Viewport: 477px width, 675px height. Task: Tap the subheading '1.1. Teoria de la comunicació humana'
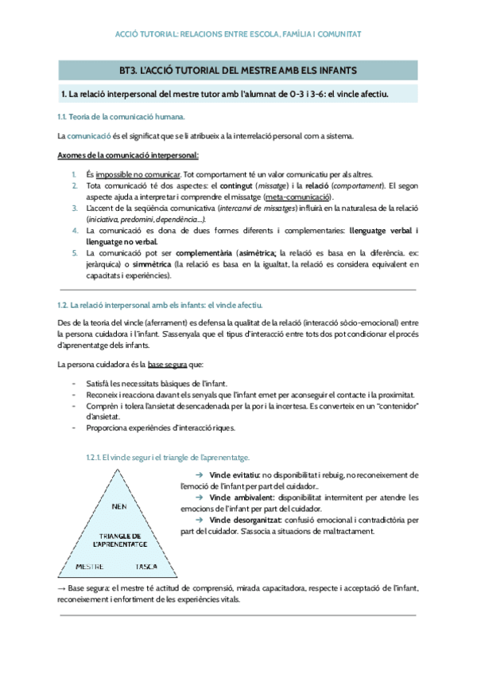coord(122,117)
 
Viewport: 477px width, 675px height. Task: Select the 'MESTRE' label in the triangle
coord(89,567)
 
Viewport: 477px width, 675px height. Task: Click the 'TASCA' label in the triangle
coord(145,567)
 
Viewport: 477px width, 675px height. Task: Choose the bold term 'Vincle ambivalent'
coord(233,497)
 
